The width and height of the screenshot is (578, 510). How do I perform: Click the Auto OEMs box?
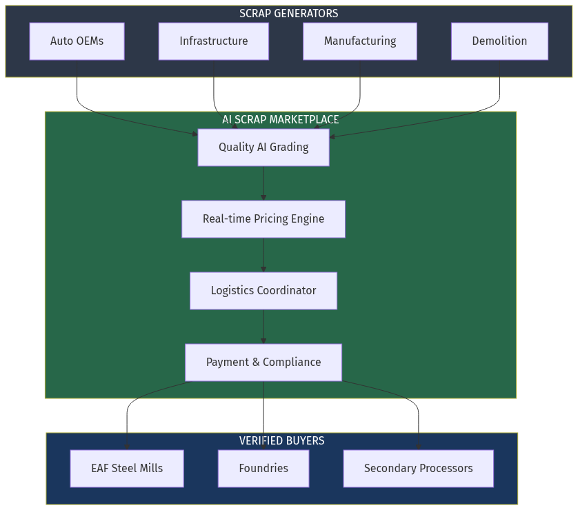(x=77, y=41)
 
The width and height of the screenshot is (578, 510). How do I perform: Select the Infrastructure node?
(x=213, y=41)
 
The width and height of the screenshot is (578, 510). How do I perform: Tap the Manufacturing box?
(x=359, y=41)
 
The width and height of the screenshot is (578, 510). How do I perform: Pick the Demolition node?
(x=499, y=41)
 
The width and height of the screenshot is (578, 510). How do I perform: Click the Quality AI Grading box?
(x=263, y=147)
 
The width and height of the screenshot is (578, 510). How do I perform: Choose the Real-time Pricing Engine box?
(x=263, y=219)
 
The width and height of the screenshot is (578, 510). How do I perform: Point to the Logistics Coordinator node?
(x=263, y=291)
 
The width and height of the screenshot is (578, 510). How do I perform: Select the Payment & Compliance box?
(x=263, y=363)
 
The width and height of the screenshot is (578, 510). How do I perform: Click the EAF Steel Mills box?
(x=127, y=469)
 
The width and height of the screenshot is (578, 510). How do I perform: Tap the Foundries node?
(x=263, y=469)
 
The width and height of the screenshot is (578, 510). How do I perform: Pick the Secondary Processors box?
(x=418, y=469)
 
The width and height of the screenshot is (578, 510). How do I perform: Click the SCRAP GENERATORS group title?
(x=288, y=13)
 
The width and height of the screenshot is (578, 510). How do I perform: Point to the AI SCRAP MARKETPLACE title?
(x=280, y=119)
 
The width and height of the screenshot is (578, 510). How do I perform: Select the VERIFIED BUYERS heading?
(x=281, y=440)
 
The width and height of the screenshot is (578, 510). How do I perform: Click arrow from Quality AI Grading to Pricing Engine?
(x=263, y=183)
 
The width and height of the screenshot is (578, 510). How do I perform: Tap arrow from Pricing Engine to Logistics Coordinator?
(x=263, y=255)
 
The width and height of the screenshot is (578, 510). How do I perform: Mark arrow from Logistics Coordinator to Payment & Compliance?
(x=263, y=327)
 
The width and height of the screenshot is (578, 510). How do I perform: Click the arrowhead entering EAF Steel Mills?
(x=127, y=447)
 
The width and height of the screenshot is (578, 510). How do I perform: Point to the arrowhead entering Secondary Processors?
(x=418, y=447)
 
